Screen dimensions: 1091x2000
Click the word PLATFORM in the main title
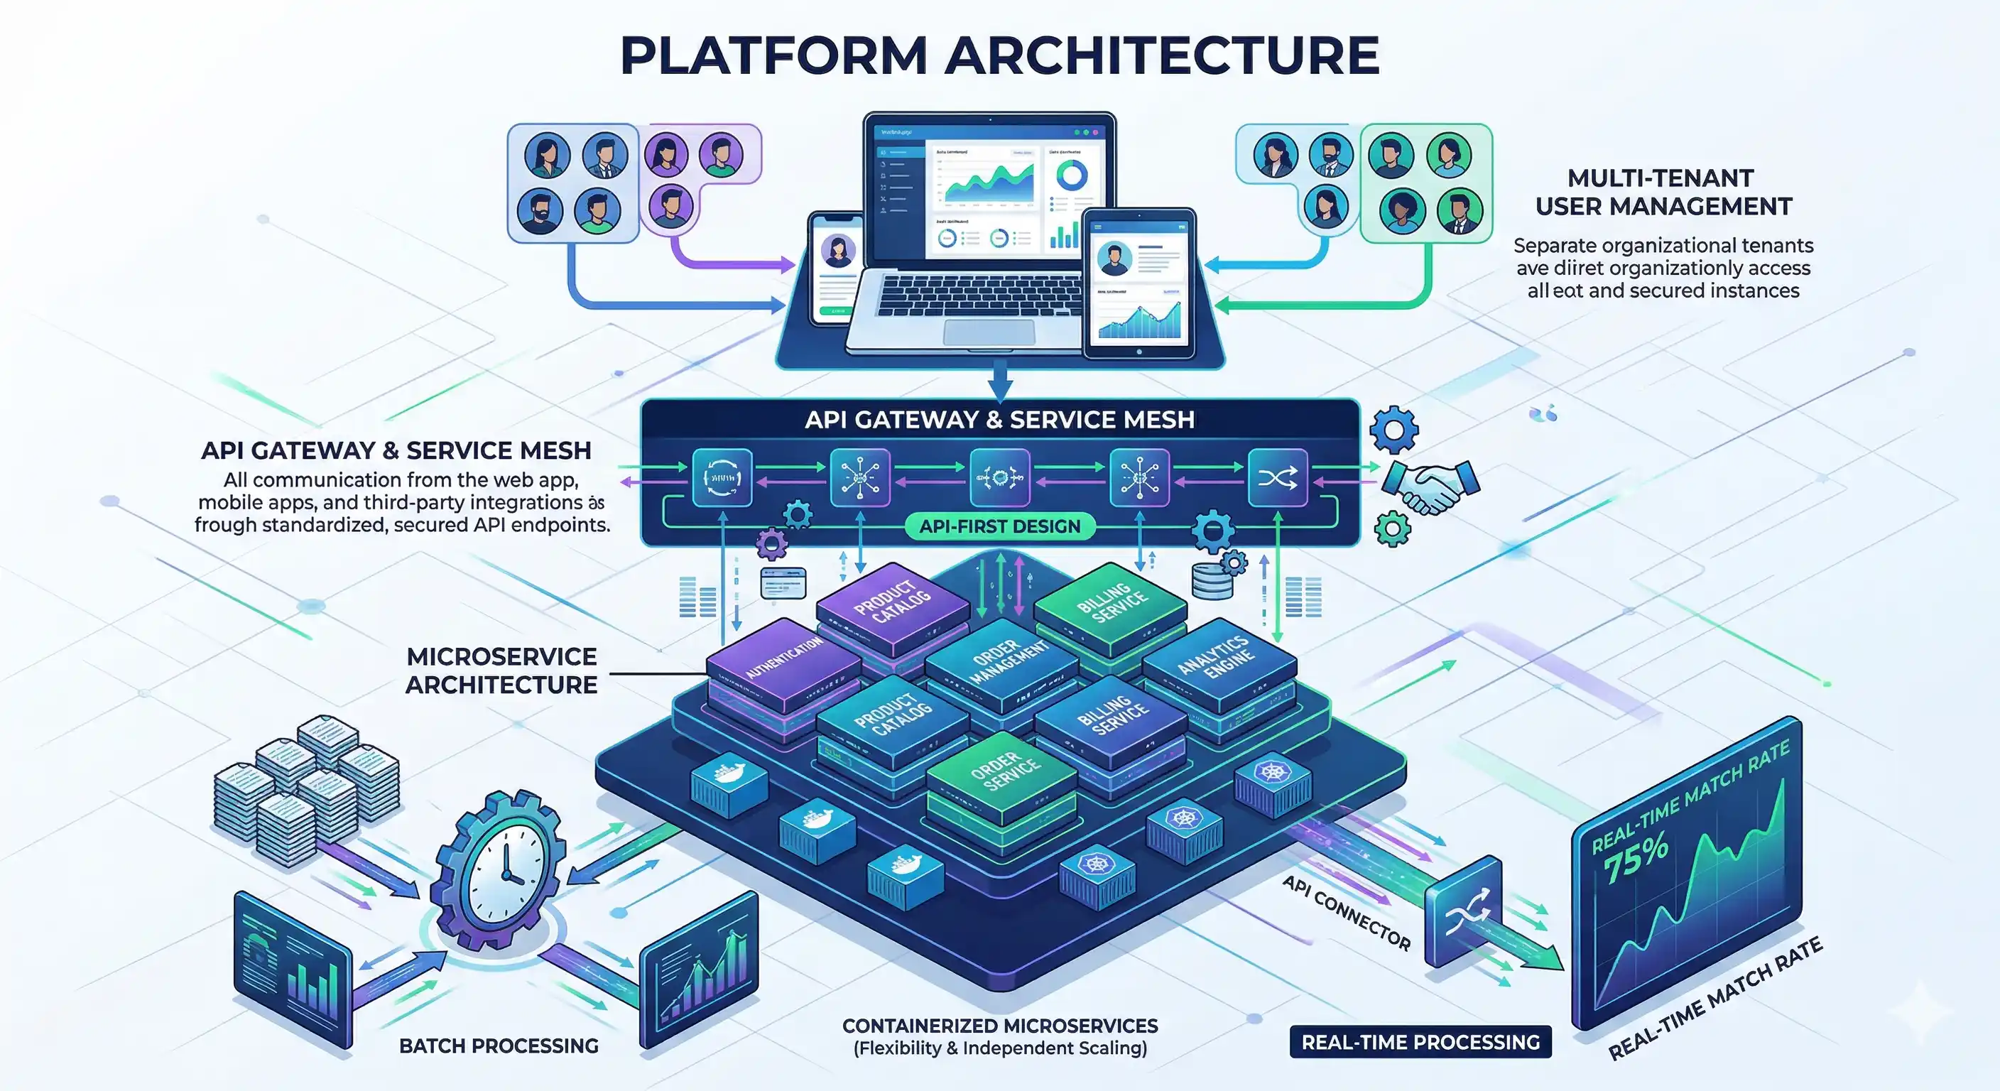[773, 56]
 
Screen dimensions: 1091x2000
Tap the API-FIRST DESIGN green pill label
[999, 526]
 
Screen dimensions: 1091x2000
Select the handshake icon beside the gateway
[1431, 486]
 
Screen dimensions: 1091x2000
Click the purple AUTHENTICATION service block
[784, 660]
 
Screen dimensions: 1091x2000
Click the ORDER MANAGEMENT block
[1001, 660]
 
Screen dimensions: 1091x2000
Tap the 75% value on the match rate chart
[1635, 855]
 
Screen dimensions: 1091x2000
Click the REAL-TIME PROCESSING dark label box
[1420, 1042]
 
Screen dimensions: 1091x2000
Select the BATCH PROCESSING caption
[499, 1046]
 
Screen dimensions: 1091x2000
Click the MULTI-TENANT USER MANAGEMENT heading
[1662, 192]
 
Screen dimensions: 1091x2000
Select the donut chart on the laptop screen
[1072, 175]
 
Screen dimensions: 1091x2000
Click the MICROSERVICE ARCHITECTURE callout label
[501, 670]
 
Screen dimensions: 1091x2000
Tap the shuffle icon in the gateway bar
[1276, 477]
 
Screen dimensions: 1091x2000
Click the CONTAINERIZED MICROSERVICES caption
[999, 1036]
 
